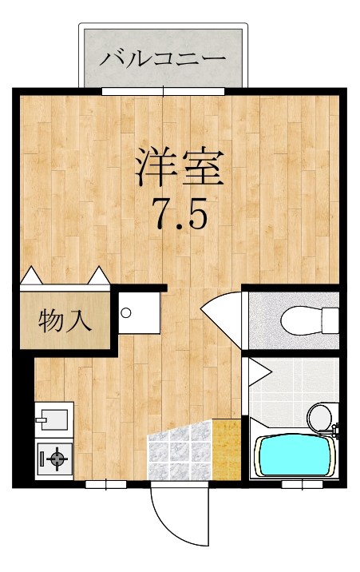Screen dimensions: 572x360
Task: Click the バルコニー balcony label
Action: click(163, 58)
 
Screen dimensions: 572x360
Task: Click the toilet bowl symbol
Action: click(307, 320)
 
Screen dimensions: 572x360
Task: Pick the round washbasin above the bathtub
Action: click(318, 416)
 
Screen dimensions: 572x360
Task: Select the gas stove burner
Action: click(55, 459)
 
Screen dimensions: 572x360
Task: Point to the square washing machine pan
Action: click(137, 312)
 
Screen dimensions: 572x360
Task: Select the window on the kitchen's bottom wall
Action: click(106, 483)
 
